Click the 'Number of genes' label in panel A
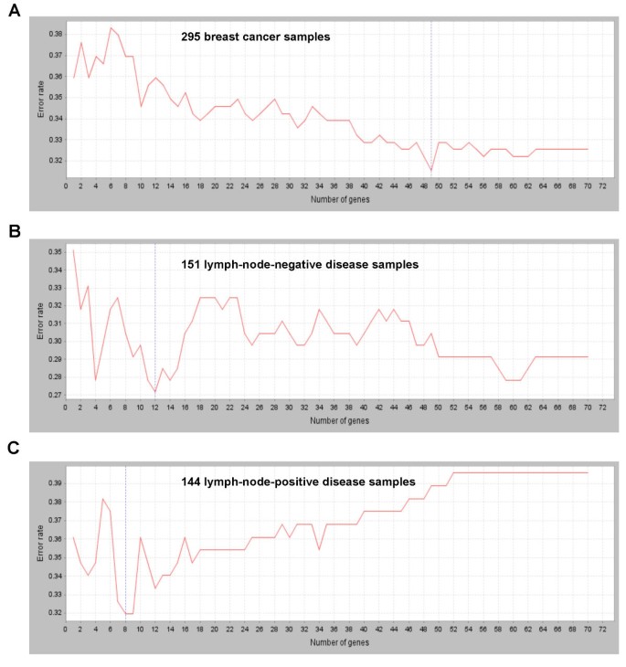pos(333,198)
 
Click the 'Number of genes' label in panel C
pos(333,643)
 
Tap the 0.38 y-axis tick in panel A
pos(52,34)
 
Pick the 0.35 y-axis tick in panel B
pos(52,251)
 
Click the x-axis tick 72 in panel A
pos(602,185)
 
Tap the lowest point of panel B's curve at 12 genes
pos(155,392)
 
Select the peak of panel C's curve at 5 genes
pos(103,499)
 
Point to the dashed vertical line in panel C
pos(125,548)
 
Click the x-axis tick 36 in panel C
pos(334,630)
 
